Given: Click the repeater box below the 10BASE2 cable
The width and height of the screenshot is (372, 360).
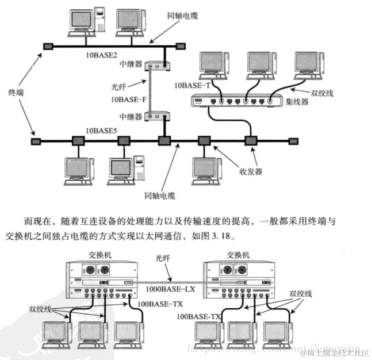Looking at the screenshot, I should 156,66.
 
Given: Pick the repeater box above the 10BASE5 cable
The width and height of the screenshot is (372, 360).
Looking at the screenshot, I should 156,116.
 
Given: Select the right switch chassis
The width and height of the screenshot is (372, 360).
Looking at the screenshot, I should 240,279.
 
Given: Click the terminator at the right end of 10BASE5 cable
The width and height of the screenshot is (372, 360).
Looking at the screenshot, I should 293,140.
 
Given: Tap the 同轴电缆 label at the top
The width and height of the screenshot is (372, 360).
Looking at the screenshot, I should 181,16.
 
